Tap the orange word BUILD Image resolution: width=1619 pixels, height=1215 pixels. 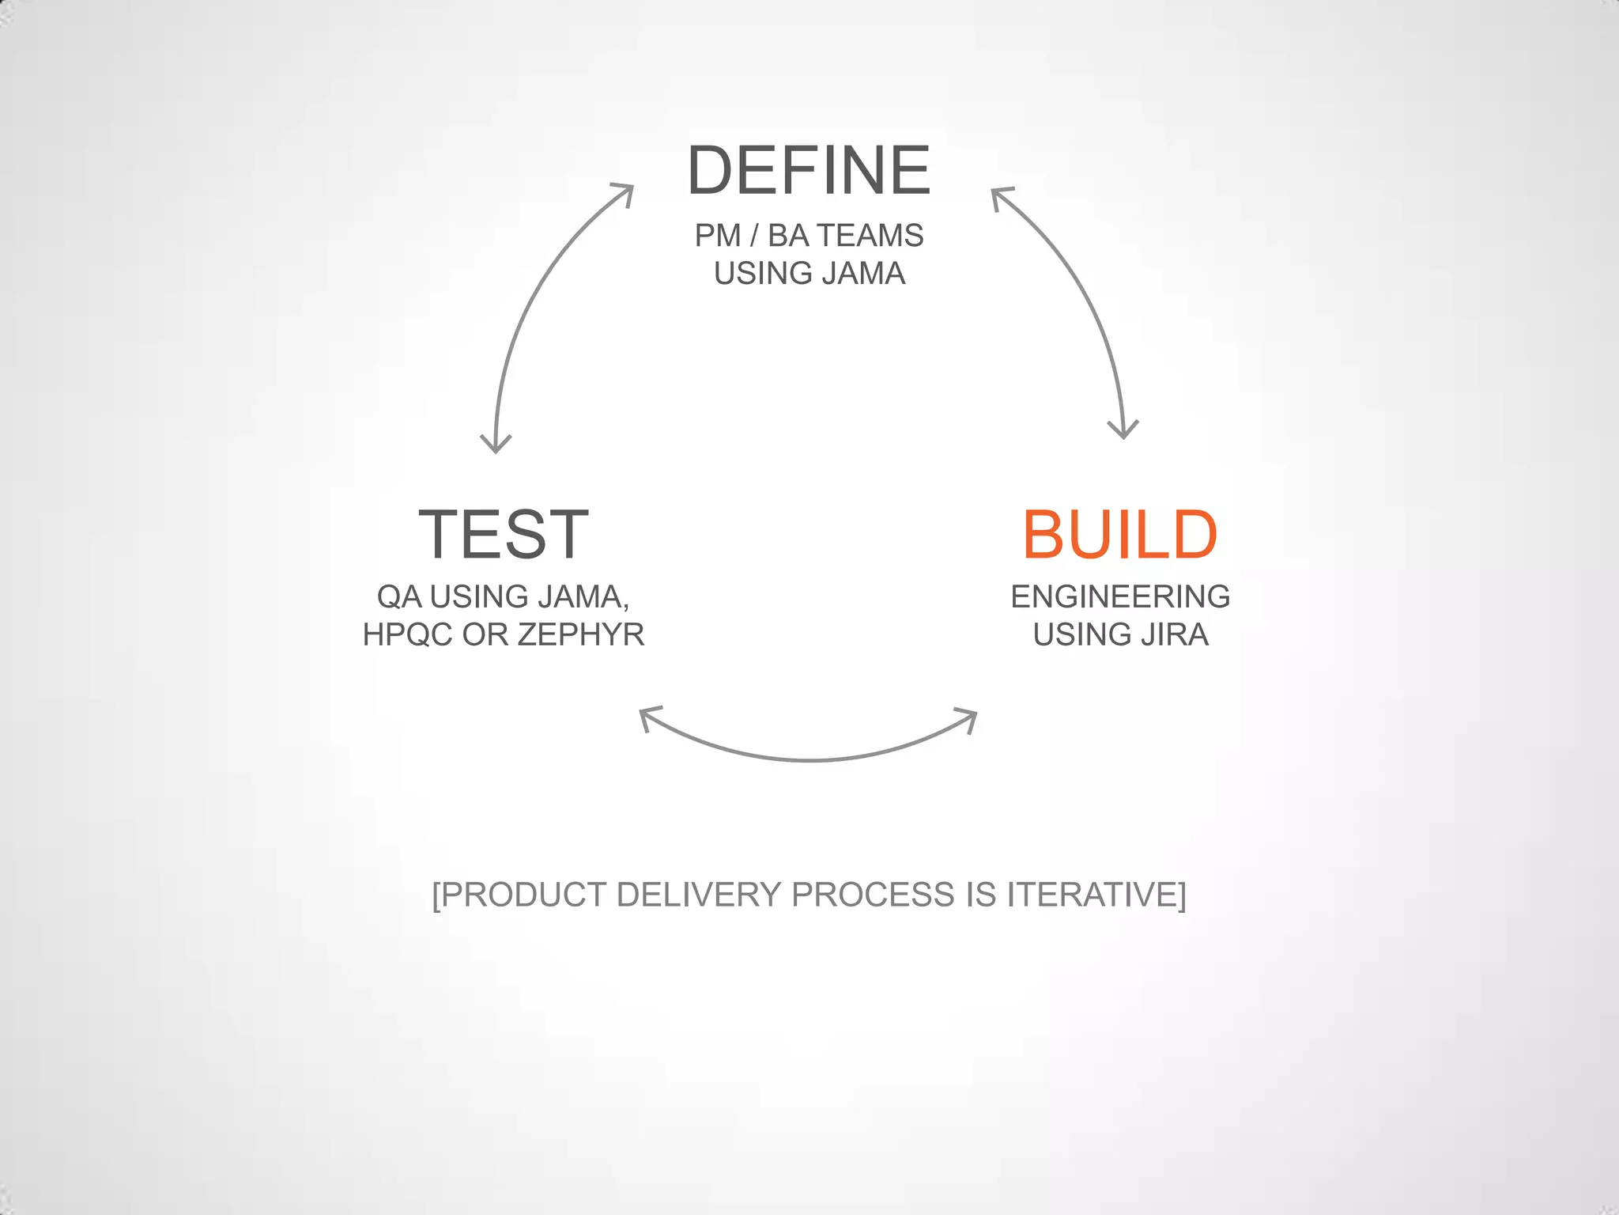[1119, 536]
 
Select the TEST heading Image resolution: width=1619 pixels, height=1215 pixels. [504, 536]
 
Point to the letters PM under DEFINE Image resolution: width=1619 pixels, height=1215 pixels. [718, 236]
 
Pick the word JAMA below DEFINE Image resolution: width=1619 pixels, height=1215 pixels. [863, 274]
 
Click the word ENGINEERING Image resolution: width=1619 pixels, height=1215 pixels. [1120, 596]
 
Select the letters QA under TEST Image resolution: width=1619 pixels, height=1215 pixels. [399, 596]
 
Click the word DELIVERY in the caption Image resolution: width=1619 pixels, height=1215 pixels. [699, 895]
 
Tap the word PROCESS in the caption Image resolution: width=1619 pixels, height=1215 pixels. [873, 895]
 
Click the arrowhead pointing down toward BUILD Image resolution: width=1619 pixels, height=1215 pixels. [1123, 430]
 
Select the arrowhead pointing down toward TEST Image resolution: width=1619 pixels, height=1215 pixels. [496, 444]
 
